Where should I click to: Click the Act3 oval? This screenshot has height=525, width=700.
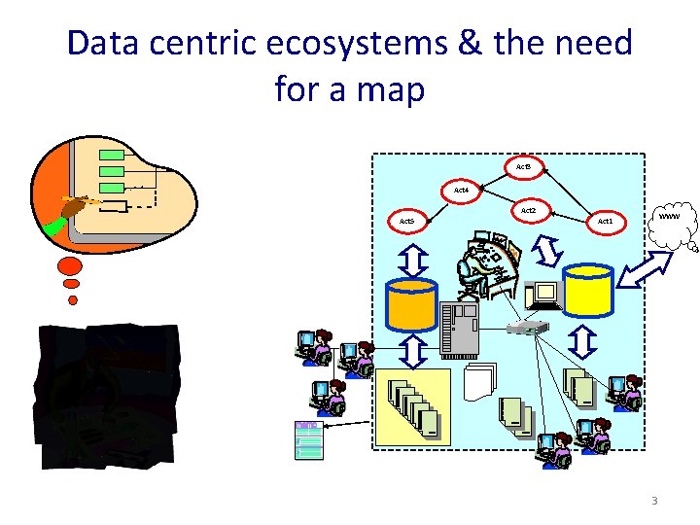tap(522, 167)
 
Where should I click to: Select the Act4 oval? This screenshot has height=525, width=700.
tap(461, 190)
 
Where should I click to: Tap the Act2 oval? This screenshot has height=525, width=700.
tap(528, 210)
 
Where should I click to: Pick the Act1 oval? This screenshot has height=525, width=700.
tap(605, 221)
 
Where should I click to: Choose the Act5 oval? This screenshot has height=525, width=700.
tap(406, 222)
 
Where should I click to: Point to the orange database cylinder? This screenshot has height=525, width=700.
tap(412, 304)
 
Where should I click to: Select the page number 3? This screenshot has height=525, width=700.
tap(654, 501)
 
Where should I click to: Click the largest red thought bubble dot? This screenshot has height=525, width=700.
tap(70, 265)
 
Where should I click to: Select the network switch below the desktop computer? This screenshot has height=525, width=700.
tap(530, 328)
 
